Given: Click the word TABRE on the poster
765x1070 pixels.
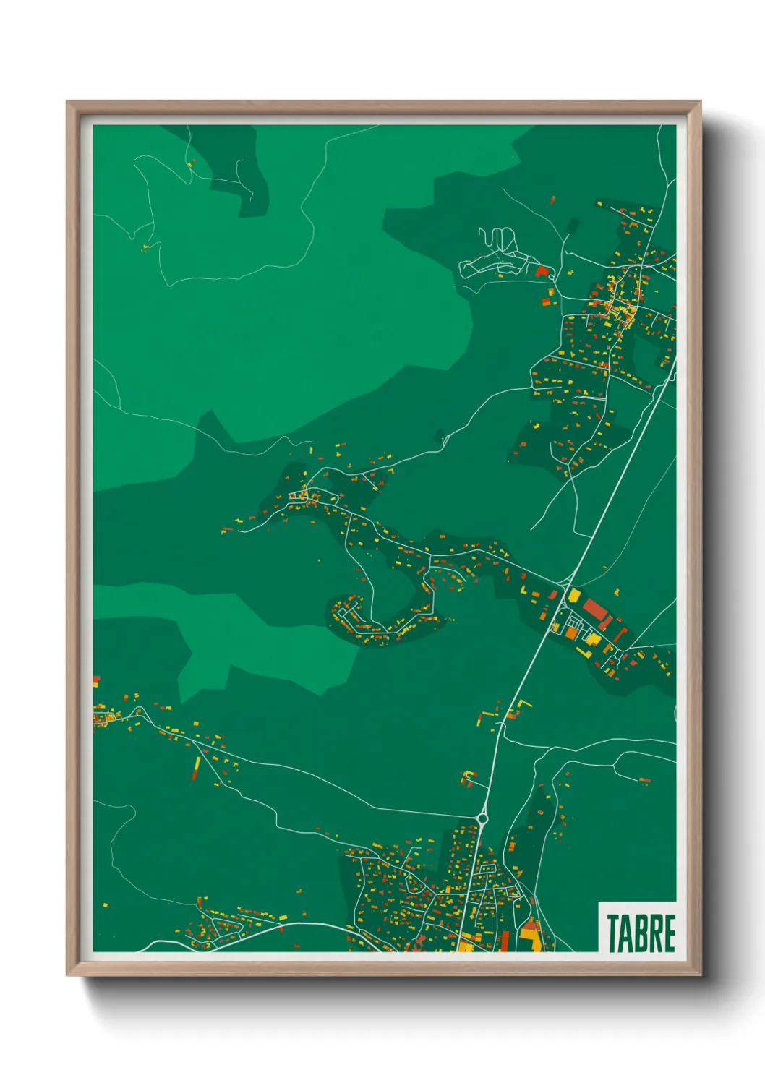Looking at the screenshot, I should coord(641,933).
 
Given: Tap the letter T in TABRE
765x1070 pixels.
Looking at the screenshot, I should coord(613,933).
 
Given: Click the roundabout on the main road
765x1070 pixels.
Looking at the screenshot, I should coord(482,818).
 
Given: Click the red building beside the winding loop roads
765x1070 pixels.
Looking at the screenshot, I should coord(541,271).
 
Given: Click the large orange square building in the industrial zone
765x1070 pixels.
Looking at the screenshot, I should coord(571,633).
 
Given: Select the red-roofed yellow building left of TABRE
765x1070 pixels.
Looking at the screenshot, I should coord(530,933).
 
